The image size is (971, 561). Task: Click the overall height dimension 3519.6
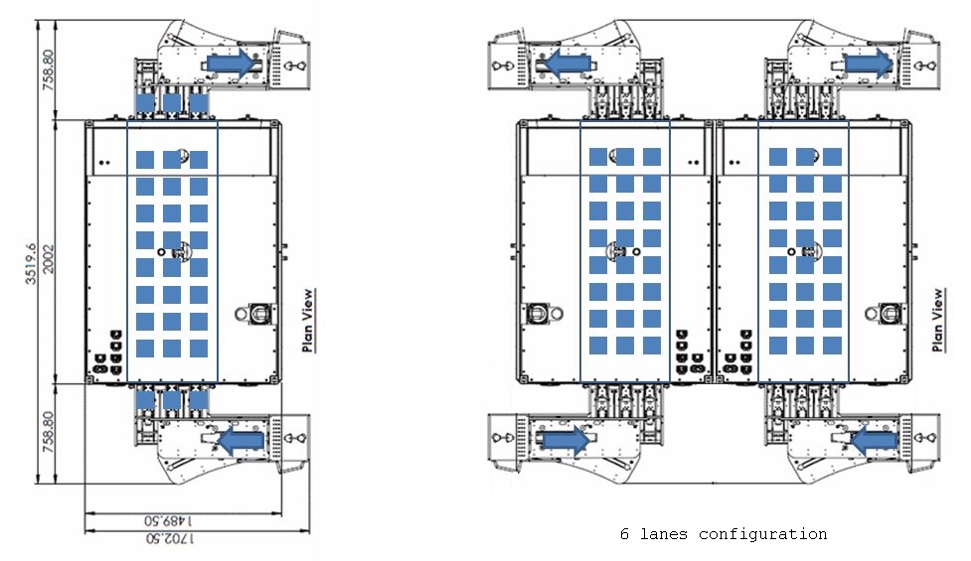pos(31,264)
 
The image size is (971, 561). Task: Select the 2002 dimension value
pos(49,259)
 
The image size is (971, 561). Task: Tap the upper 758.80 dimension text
pos(49,70)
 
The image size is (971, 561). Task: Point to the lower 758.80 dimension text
pos(49,432)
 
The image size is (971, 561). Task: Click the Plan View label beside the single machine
pos(308,321)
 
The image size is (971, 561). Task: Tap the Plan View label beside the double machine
pos(938,321)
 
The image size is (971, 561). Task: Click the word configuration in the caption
pos(763,534)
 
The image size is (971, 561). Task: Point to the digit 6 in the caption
pos(624,534)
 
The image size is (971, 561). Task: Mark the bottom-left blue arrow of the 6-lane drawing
pos(566,440)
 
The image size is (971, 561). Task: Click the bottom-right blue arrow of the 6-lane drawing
pos(875,440)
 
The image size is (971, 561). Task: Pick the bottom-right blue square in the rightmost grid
pos(832,346)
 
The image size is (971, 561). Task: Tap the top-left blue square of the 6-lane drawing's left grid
pos(598,157)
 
